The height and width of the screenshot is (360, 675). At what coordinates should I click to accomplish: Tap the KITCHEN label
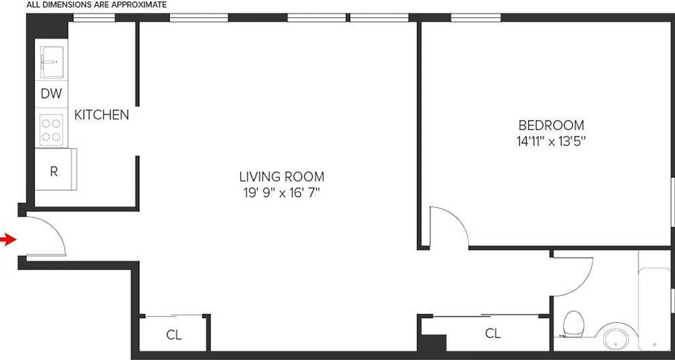pyautogui.click(x=101, y=115)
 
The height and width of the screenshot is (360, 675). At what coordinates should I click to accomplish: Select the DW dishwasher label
pyautogui.click(x=51, y=94)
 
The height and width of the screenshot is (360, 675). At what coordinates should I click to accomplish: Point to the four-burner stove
pyautogui.click(x=51, y=130)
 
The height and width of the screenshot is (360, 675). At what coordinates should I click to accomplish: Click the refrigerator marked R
pyautogui.click(x=54, y=171)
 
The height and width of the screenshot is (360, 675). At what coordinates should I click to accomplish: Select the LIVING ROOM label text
pyautogui.click(x=281, y=176)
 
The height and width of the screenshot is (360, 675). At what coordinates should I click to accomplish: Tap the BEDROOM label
pyautogui.click(x=551, y=125)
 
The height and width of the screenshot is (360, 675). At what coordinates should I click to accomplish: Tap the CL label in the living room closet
pyautogui.click(x=174, y=335)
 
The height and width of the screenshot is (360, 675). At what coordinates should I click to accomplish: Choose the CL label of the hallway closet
pyautogui.click(x=493, y=333)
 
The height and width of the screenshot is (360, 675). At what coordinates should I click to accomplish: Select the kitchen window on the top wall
pyautogui.click(x=94, y=18)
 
